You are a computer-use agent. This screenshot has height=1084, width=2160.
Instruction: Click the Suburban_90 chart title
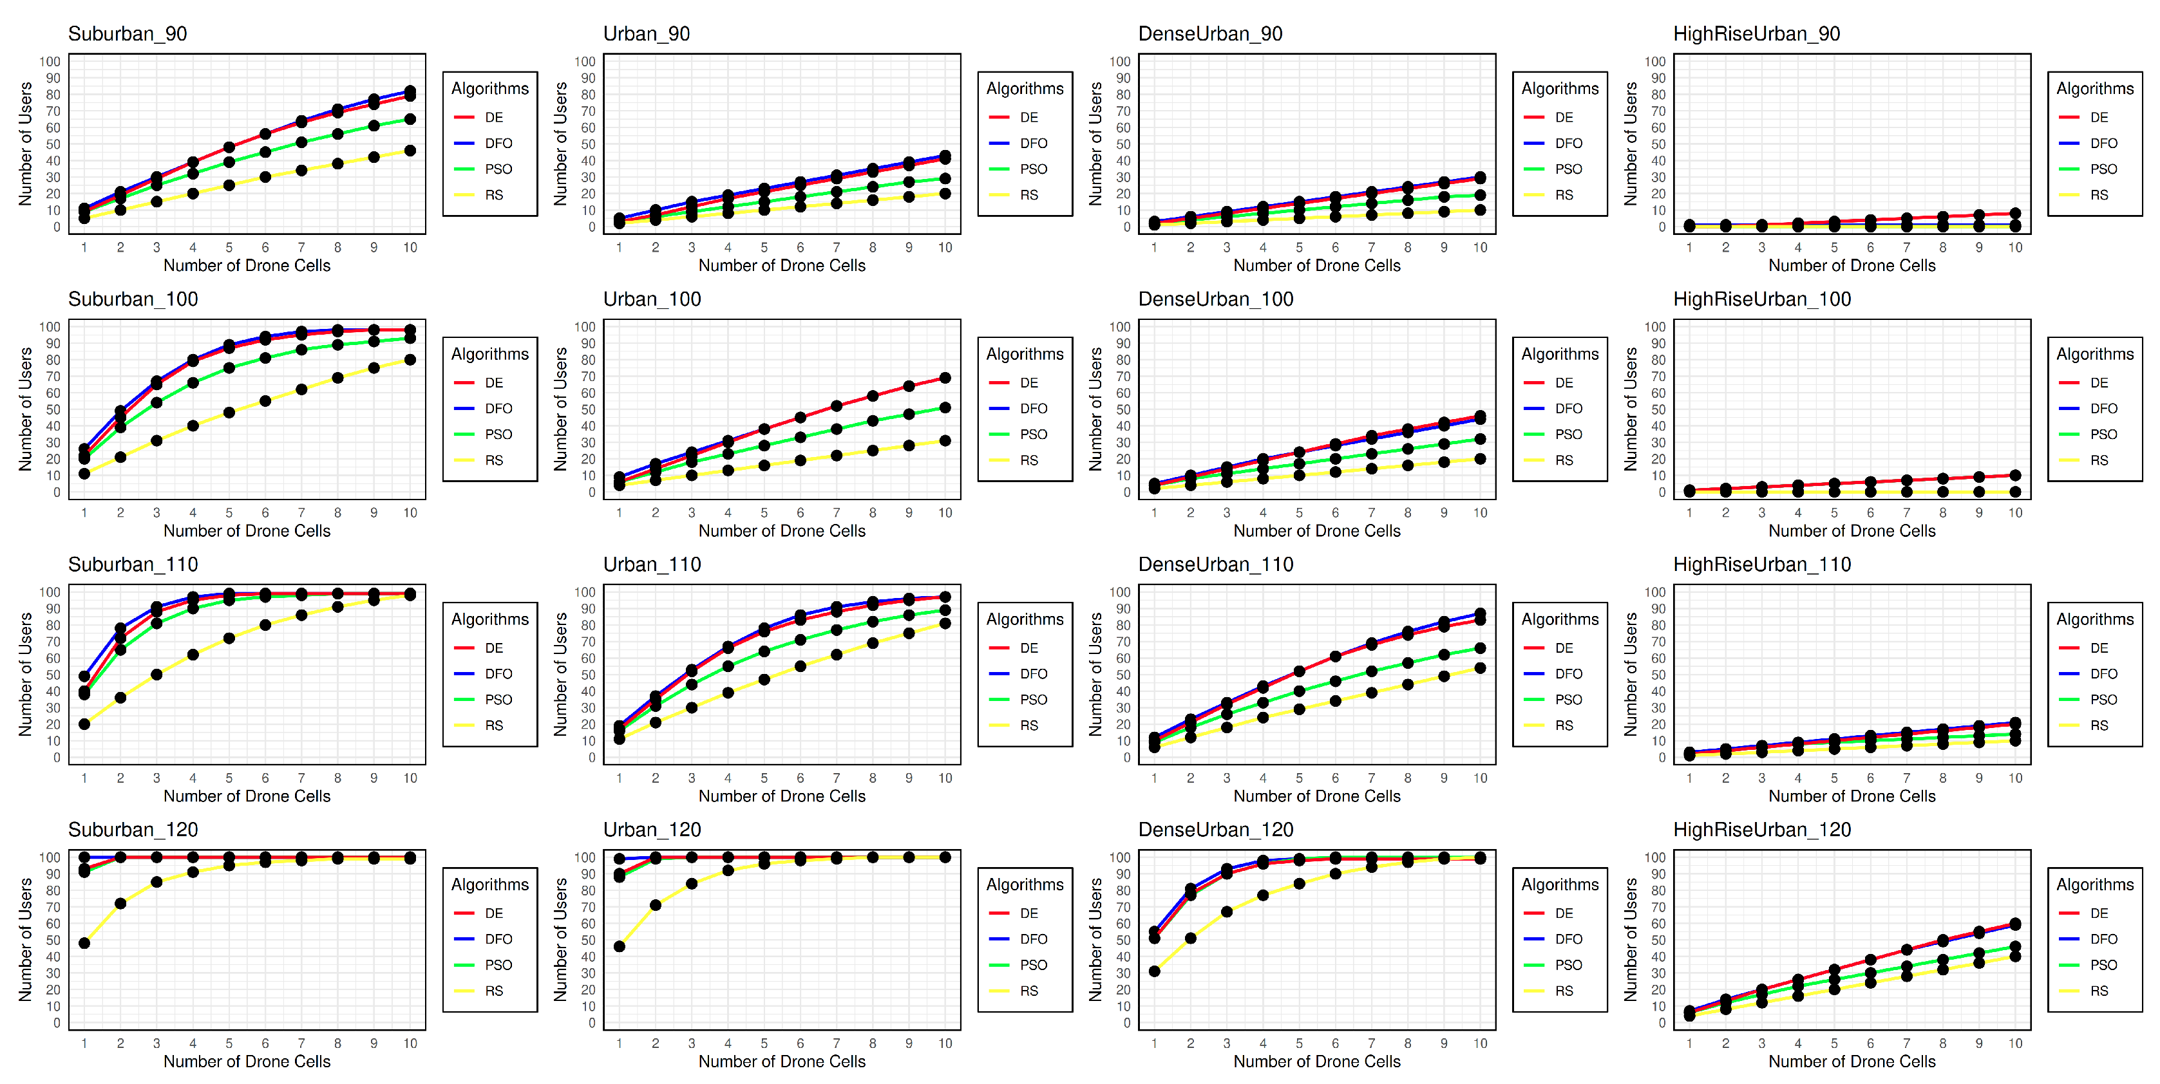(x=128, y=33)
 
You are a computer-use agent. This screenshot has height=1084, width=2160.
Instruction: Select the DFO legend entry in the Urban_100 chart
(x=1033, y=408)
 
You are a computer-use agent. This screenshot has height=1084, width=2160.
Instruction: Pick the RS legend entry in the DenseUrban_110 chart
(x=1564, y=725)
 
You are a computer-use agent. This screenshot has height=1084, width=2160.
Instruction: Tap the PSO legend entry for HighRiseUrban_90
(x=2103, y=169)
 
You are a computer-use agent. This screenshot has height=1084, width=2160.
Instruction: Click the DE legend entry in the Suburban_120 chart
(x=494, y=913)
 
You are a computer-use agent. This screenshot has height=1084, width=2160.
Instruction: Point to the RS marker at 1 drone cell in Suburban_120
(x=84, y=943)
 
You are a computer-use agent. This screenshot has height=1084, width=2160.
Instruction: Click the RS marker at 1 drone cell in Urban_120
(x=619, y=946)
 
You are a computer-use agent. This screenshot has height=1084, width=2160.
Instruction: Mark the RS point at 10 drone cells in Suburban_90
(x=410, y=151)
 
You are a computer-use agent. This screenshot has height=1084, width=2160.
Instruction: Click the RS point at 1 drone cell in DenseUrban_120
(x=1154, y=971)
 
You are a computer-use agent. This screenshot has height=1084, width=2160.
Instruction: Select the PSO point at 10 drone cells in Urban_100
(x=945, y=407)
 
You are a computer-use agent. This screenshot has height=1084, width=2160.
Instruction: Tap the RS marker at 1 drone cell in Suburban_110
(x=84, y=724)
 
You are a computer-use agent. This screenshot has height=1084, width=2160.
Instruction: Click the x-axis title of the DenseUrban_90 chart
(x=1316, y=266)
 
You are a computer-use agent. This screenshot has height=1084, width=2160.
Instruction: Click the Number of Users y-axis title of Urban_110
(x=560, y=674)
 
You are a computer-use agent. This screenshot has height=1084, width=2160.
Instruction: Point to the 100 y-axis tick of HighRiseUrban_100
(x=1654, y=327)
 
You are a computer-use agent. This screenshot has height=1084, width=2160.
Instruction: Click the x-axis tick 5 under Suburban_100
(x=229, y=513)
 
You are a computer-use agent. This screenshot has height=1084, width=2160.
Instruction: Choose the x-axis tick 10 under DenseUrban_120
(x=1480, y=1043)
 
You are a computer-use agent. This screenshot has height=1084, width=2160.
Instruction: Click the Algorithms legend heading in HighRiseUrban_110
(x=2094, y=619)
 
